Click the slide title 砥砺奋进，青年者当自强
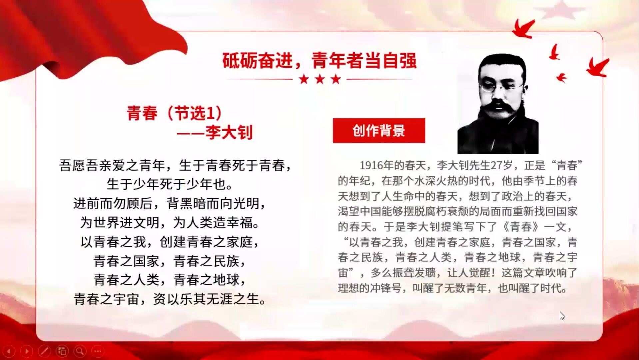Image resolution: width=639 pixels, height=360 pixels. point(319,61)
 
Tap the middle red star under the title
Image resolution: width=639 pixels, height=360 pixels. point(320,79)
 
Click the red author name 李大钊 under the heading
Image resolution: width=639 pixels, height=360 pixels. point(229,132)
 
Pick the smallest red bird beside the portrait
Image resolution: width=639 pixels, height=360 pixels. point(562,78)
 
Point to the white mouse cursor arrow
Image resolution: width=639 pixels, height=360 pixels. point(562,315)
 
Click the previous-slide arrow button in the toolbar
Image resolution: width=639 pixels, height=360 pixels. point(9,351)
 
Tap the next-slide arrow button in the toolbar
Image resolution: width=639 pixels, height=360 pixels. point(27,351)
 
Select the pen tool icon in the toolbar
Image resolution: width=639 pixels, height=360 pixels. point(44,351)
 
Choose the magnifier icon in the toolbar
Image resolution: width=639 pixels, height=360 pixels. point(80,351)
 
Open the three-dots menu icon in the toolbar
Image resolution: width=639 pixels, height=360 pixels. point(98,351)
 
